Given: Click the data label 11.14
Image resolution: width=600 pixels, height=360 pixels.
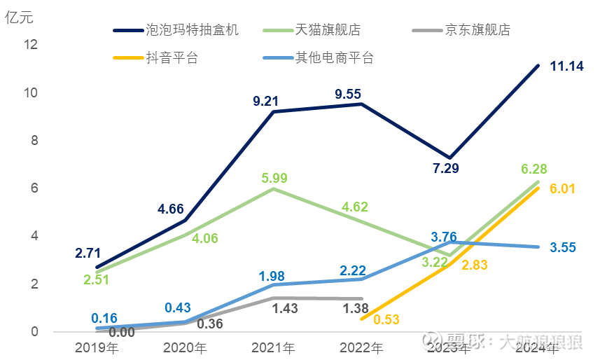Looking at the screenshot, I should click(x=568, y=67).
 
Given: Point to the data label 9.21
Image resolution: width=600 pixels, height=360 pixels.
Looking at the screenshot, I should click(x=267, y=102).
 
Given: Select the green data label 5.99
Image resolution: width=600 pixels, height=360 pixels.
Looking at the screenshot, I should click(x=274, y=178).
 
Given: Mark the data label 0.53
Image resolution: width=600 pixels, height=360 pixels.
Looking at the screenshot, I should click(x=387, y=319).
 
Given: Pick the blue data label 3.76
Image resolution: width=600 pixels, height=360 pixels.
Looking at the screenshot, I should click(x=444, y=237).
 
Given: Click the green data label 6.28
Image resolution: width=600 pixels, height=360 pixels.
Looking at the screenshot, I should click(x=534, y=169).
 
